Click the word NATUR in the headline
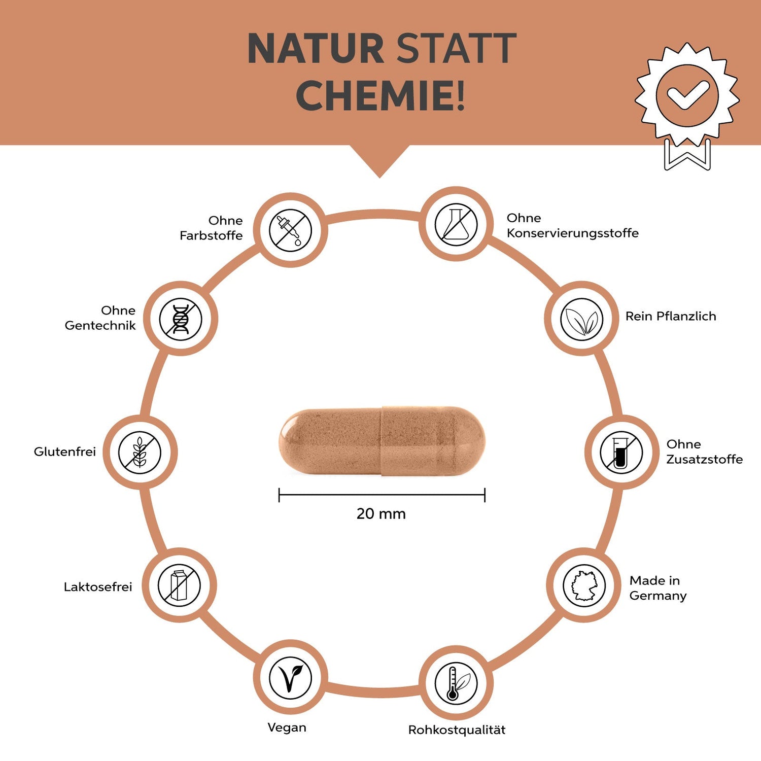(x=315, y=49)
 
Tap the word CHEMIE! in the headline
(x=380, y=95)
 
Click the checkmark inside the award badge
(x=687, y=94)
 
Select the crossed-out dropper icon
(x=290, y=230)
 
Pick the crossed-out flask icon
(x=456, y=224)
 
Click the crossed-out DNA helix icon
(x=181, y=319)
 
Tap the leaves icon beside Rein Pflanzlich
(x=581, y=319)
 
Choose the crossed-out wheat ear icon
(x=140, y=452)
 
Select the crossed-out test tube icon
(x=621, y=452)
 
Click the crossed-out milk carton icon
(x=179, y=585)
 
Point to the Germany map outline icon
(x=584, y=585)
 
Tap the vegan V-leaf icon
(x=290, y=677)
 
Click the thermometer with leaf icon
(x=456, y=683)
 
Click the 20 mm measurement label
(x=381, y=514)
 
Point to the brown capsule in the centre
(x=382, y=441)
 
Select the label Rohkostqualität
(x=457, y=730)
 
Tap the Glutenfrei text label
(x=65, y=452)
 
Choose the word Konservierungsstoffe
(x=572, y=233)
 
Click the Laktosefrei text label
(x=98, y=587)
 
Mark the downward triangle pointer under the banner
(x=379, y=159)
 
